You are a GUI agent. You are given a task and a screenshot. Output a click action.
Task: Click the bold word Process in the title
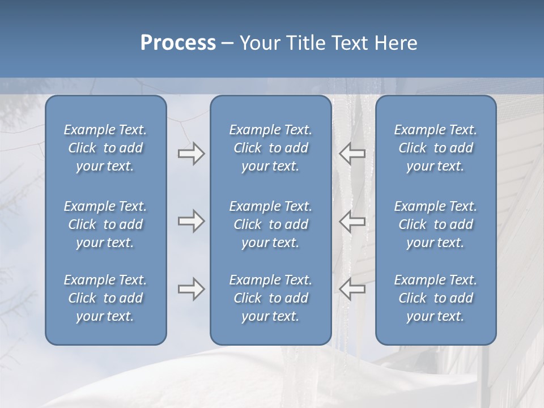click(178, 43)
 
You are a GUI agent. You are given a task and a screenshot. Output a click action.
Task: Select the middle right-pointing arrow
click(191, 221)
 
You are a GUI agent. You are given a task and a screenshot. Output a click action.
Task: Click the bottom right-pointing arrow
click(191, 290)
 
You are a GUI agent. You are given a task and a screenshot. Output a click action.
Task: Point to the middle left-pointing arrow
click(352, 221)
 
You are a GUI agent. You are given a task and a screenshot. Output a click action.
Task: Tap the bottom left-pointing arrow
click(352, 290)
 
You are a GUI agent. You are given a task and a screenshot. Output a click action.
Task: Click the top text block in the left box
click(105, 148)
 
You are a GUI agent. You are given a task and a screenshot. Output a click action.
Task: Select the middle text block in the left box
click(105, 224)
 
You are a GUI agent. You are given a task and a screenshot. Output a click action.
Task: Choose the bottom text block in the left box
click(105, 298)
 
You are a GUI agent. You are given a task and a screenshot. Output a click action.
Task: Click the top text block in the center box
click(270, 148)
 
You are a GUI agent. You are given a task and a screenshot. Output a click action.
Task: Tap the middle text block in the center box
click(270, 224)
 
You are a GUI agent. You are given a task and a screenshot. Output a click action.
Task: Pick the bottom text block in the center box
click(270, 298)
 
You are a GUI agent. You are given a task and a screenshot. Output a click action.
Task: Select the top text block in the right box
click(435, 148)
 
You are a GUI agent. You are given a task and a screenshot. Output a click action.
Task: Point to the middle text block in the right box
click(435, 224)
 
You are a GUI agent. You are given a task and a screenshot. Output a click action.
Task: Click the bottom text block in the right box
click(435, 298)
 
